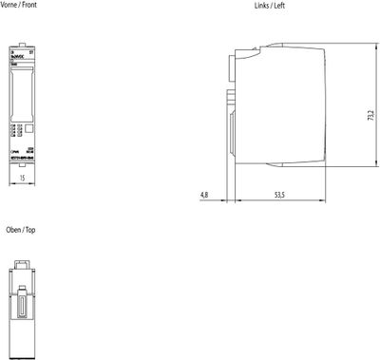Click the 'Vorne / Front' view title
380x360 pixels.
(20, 5)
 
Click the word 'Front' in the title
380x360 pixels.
(30, 5)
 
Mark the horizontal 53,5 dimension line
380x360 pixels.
(278, 200)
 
